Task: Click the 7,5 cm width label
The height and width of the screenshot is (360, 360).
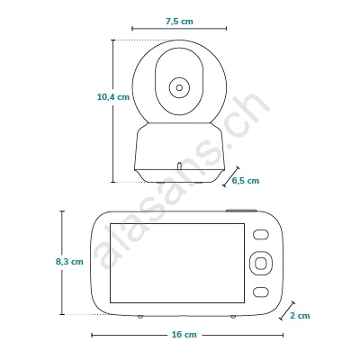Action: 179,22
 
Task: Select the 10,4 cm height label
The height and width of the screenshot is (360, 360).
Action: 113,97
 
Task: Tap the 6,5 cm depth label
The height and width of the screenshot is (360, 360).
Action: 246,181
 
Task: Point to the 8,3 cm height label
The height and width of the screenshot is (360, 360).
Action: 69,262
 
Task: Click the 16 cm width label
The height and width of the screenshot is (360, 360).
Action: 184,335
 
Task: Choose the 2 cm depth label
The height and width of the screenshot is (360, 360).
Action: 300,316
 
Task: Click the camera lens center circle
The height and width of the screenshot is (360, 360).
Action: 179,87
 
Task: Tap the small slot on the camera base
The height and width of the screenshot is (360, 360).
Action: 179,166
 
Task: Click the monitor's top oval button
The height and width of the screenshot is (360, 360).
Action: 260,235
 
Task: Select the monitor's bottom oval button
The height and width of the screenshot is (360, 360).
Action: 260,292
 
